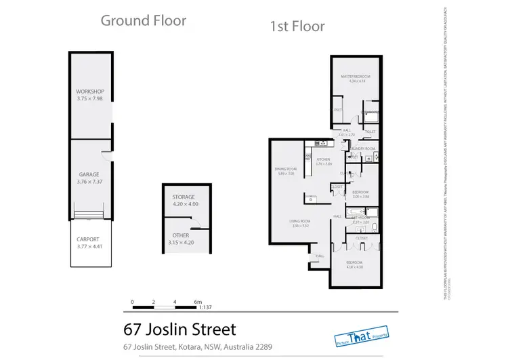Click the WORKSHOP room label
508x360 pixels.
[88, 91]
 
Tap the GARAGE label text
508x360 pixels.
[89, 174]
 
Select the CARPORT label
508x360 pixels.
[88, 239]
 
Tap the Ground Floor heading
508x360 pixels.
[143, 20]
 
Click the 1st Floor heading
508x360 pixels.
[297, 27]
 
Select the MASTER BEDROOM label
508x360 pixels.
[354, 77]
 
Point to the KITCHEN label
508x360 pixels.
[323, 159]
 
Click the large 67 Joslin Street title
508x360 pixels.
[179, 330]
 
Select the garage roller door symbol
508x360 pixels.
[89, 216]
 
